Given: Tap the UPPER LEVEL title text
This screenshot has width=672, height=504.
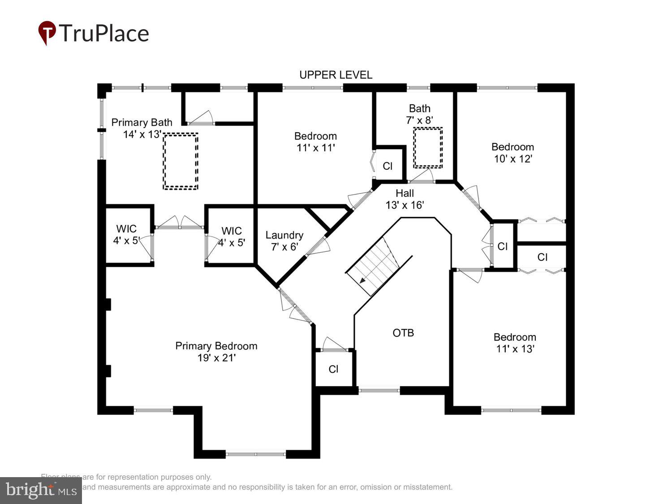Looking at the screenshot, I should tap(336, 75).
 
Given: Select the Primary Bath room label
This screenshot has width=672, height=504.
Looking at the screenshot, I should tap(142, 122).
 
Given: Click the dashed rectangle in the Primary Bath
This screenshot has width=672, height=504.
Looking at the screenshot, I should tap(181, 161).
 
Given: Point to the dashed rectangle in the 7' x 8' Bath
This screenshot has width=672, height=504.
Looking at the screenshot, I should tap(427, 147).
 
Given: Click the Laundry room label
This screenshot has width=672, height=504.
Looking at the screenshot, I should tap(284, 235).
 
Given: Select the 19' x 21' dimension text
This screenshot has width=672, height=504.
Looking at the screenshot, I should tap(216, 358).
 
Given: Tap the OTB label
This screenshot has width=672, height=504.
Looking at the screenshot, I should tap(403, 333).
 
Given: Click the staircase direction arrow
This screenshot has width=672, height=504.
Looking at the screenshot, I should tap(362, 280).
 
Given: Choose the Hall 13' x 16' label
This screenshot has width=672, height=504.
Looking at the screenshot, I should tap(405, 199).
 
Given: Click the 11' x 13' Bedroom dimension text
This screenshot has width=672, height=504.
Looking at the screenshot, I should tap(515, 349).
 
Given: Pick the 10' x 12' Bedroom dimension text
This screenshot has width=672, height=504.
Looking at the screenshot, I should tap(513, 159).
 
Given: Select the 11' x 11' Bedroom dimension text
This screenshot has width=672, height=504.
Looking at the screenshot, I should tap(315, 148).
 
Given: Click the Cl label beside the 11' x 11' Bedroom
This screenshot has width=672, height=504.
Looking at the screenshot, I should tap(388, 166).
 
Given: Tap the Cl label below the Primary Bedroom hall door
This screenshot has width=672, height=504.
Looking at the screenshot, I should tap(333, 369).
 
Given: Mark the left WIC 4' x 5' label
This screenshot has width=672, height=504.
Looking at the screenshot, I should tap(126, 235).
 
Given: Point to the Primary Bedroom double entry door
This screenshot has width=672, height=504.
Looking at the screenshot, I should tap(295, 306).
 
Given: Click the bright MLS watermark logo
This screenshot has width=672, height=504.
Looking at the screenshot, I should tap(41, 490).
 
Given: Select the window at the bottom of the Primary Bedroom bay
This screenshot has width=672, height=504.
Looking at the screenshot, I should tap(255, 454).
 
